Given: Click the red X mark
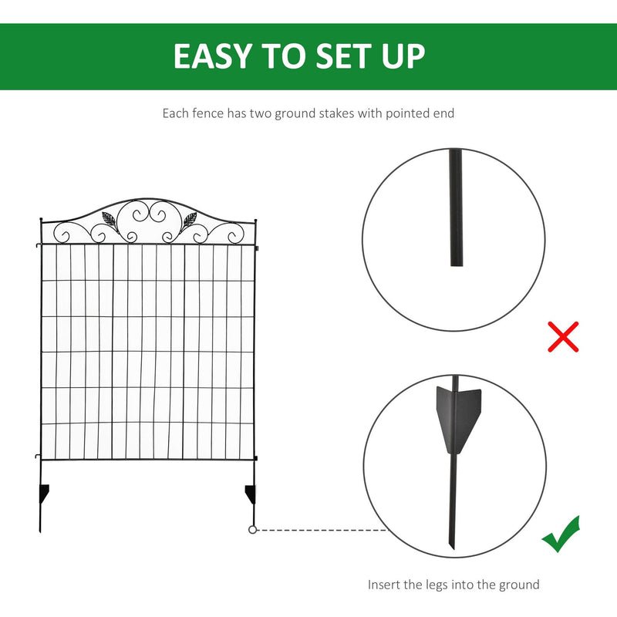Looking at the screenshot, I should pos(563,337).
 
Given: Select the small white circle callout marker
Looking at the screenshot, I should pos(252,530).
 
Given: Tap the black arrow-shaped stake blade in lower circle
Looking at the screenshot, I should pos(459,416).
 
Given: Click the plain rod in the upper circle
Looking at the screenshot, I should pos(455,208).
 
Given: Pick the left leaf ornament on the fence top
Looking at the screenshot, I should pos(112,220).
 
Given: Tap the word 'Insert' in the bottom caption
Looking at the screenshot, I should pos(385,585).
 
